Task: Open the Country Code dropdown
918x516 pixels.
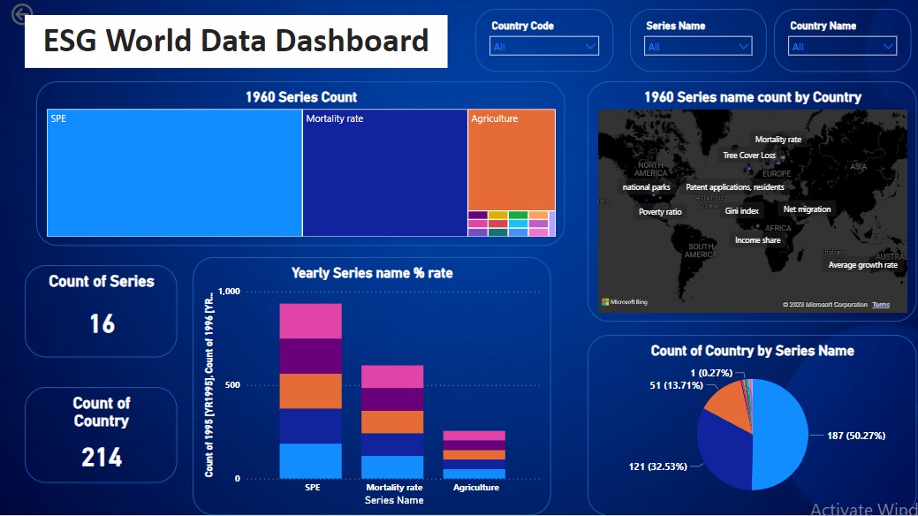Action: click(544, 47)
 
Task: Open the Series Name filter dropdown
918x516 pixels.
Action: click(698, 47)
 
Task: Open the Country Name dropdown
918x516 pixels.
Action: click(843, 47)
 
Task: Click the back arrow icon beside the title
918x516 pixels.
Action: click(22, 14)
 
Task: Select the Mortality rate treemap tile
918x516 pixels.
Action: click(384, 173)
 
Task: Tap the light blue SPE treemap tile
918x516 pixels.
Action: click(174, 173)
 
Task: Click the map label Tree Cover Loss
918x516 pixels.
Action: click(749, 156)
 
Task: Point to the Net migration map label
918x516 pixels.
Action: click(807, 209)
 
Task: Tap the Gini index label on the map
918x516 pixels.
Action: click(741, 211)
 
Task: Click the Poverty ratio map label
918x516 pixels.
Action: click(660, 212)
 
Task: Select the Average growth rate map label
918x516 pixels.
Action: click(862, 265)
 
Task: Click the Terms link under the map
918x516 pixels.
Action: click(881, 305)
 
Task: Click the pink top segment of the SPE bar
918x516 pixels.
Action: click(310, 321)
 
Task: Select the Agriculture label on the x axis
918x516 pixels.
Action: click(474, 487)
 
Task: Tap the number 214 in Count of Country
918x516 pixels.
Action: click(102, 457)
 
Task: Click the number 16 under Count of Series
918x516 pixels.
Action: click(102, 323)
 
